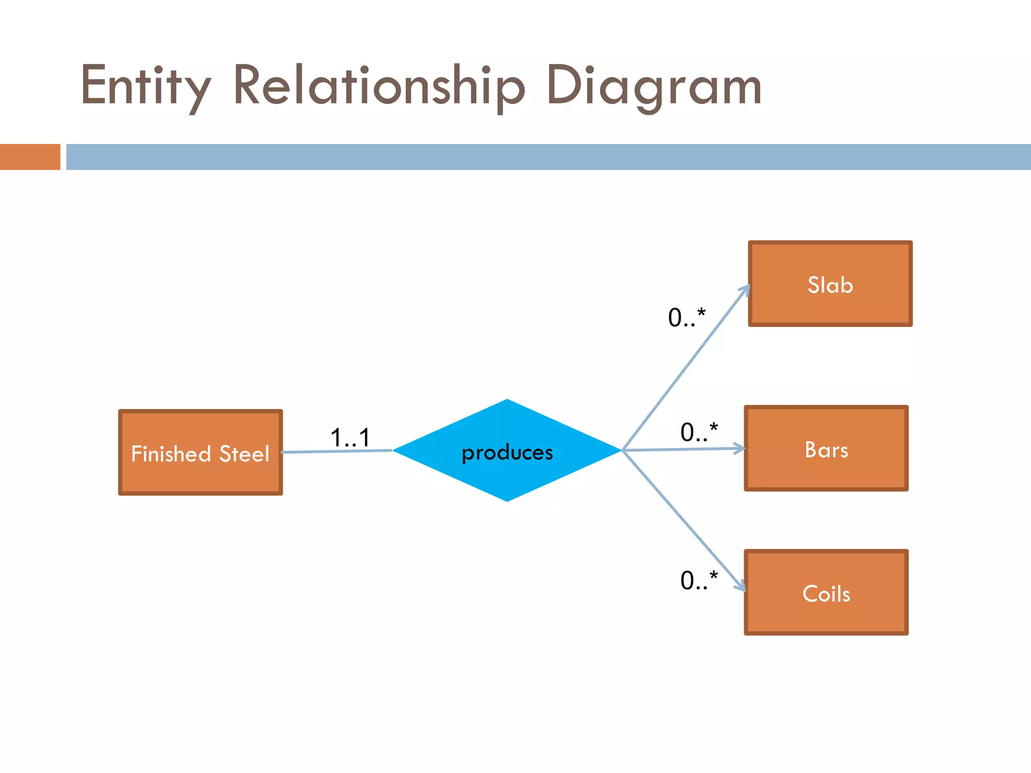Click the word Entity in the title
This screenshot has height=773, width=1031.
tap(145, 87)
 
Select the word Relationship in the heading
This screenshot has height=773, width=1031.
tap(379, 87)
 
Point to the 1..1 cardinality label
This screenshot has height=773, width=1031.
tap(350, 437)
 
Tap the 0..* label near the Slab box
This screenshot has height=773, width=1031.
tap(687, 318)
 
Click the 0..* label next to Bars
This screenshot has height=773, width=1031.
tap(699, 432)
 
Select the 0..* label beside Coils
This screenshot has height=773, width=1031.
tap(699, 580)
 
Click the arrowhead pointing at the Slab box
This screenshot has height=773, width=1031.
tap(746, 290)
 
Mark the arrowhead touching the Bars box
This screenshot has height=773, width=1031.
tap(740, 448)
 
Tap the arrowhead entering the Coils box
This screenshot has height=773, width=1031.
tap(741, 586)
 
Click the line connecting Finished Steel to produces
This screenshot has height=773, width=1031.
tap(336, 451)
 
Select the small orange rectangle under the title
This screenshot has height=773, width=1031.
tap(30, 157)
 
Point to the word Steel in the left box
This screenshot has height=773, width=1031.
tap(244, 454)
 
